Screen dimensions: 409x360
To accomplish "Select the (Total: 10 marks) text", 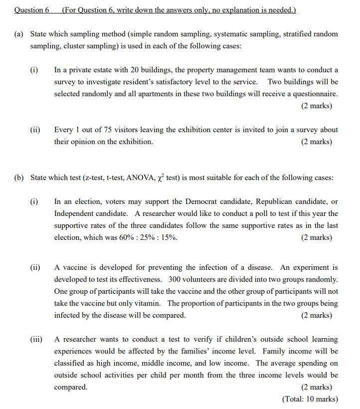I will point(310,399).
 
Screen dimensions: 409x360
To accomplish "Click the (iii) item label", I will point(36,339).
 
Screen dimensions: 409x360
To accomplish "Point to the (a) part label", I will point(19,34).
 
